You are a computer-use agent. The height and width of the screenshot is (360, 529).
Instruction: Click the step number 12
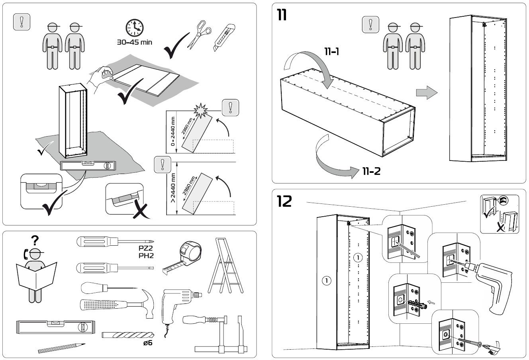click(x=284, y=202)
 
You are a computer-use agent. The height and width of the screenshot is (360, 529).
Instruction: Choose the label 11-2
click(x=371, y=172)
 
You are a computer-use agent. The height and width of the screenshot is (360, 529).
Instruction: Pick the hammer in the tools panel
click(x=116, y=305)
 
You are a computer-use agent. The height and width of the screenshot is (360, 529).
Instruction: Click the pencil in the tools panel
click(x=62, y=348)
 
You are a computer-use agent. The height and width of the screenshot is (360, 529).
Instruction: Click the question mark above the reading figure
click(x=35, y=240)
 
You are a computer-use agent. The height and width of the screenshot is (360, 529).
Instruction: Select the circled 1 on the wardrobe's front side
click(x=326, y=281)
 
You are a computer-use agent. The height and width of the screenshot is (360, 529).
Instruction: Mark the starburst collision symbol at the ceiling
click(x=199, y=108)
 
